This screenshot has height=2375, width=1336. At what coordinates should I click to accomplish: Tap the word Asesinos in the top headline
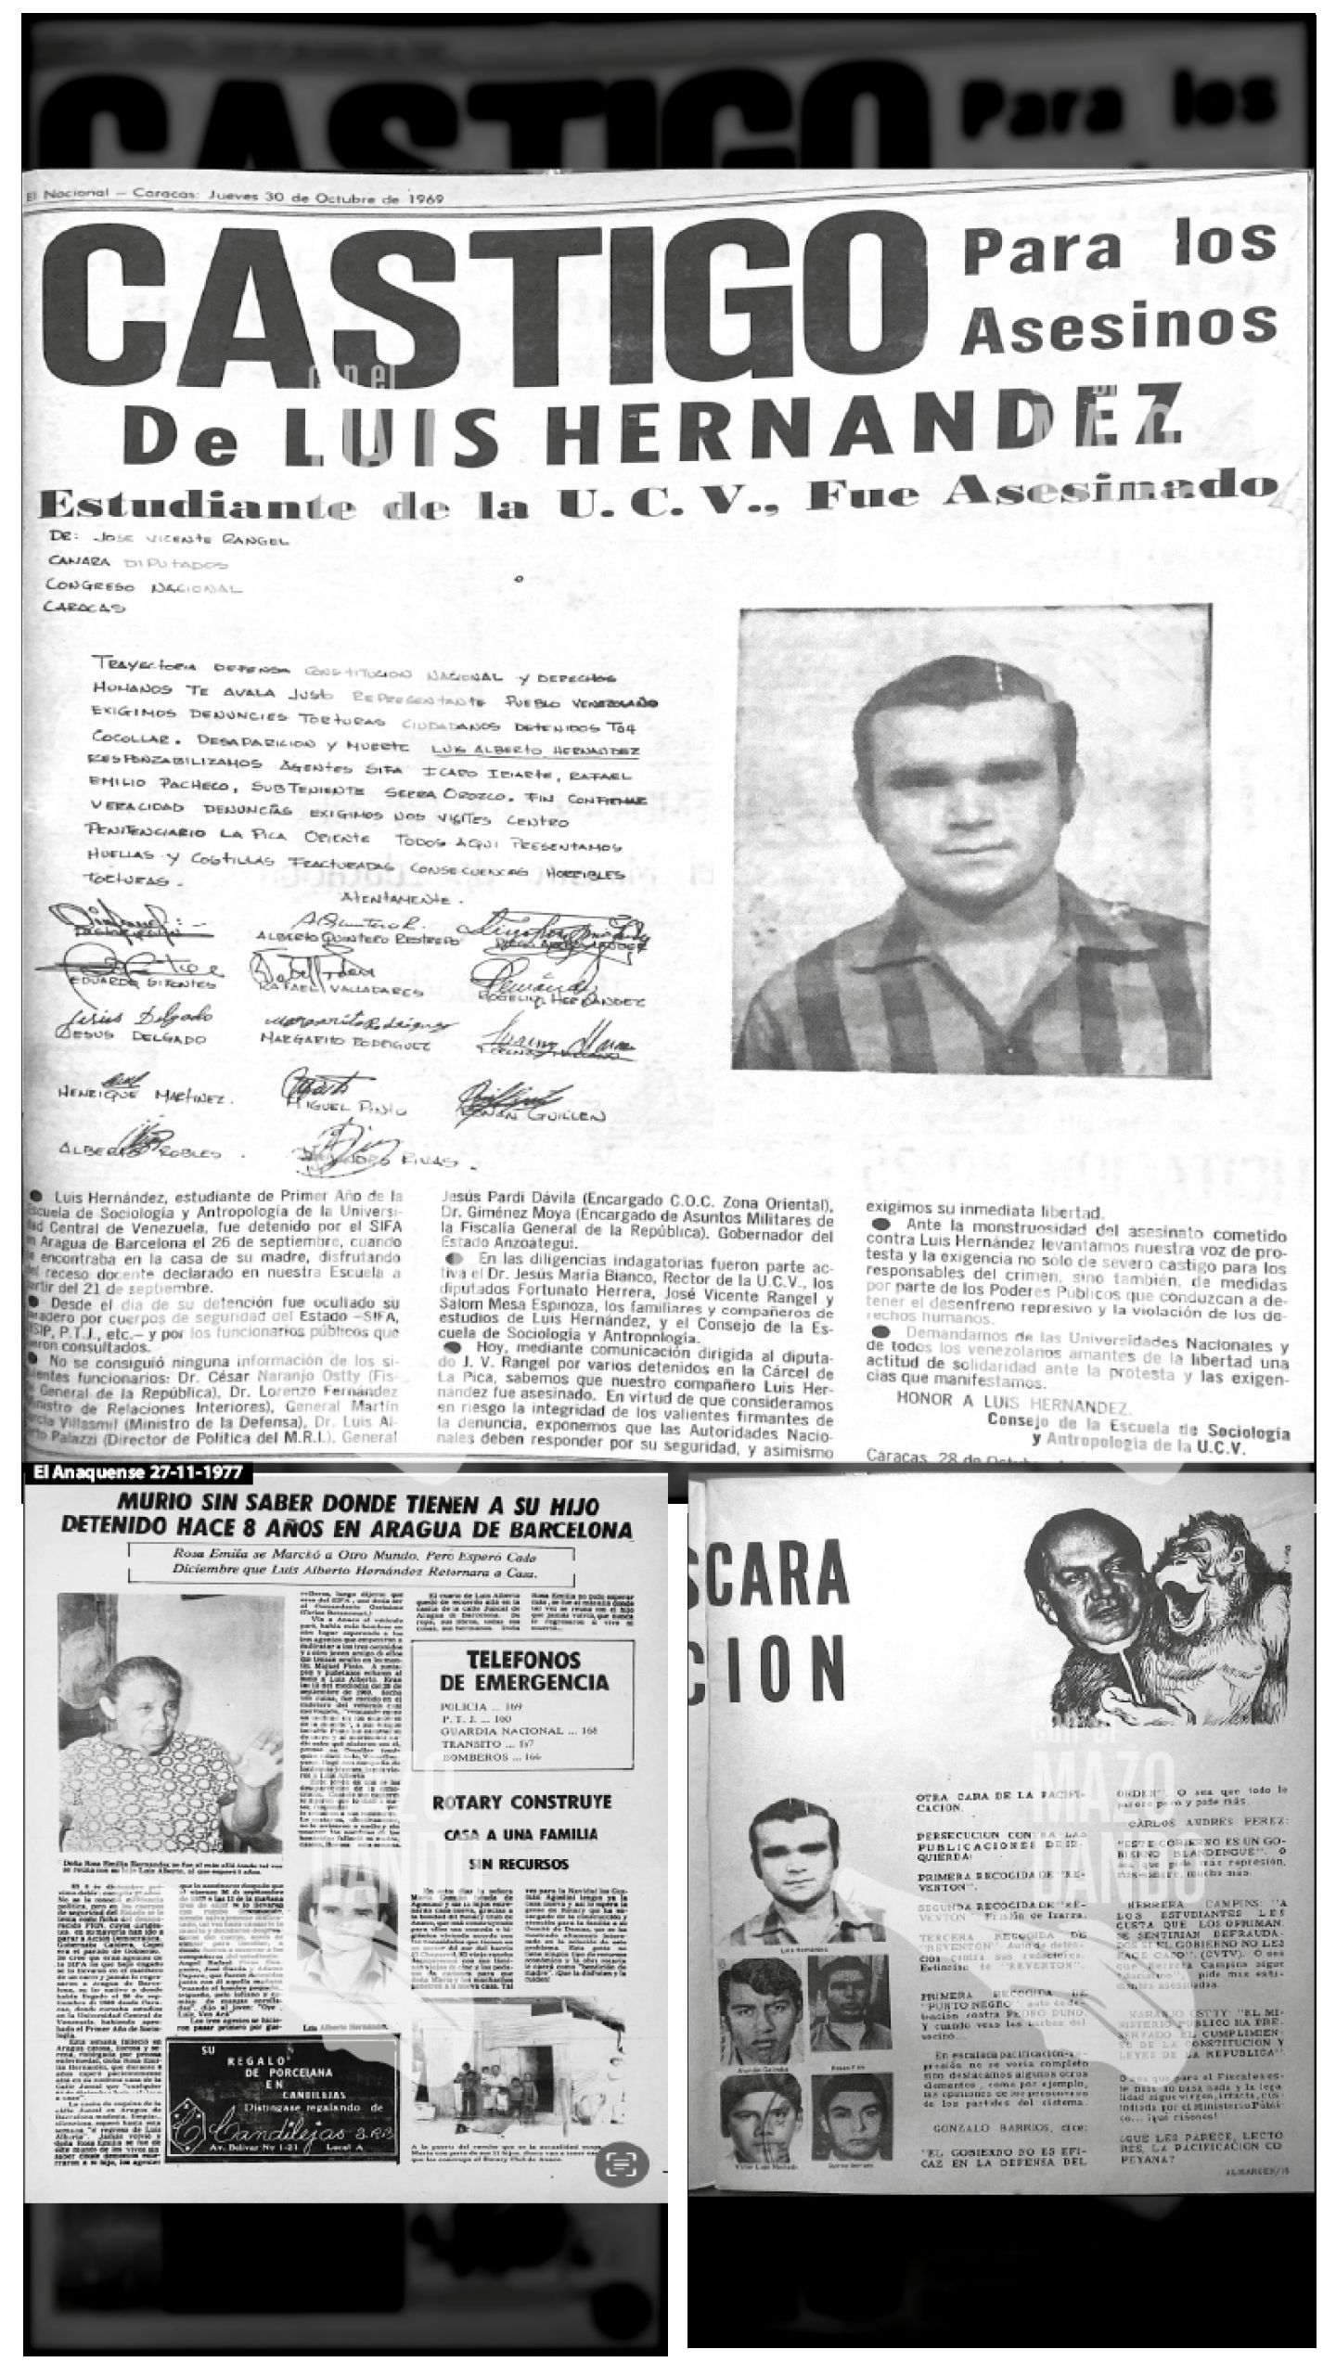[x=1120, y=326]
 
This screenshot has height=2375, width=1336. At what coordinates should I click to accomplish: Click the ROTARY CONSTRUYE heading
[x=522, y=1802]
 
